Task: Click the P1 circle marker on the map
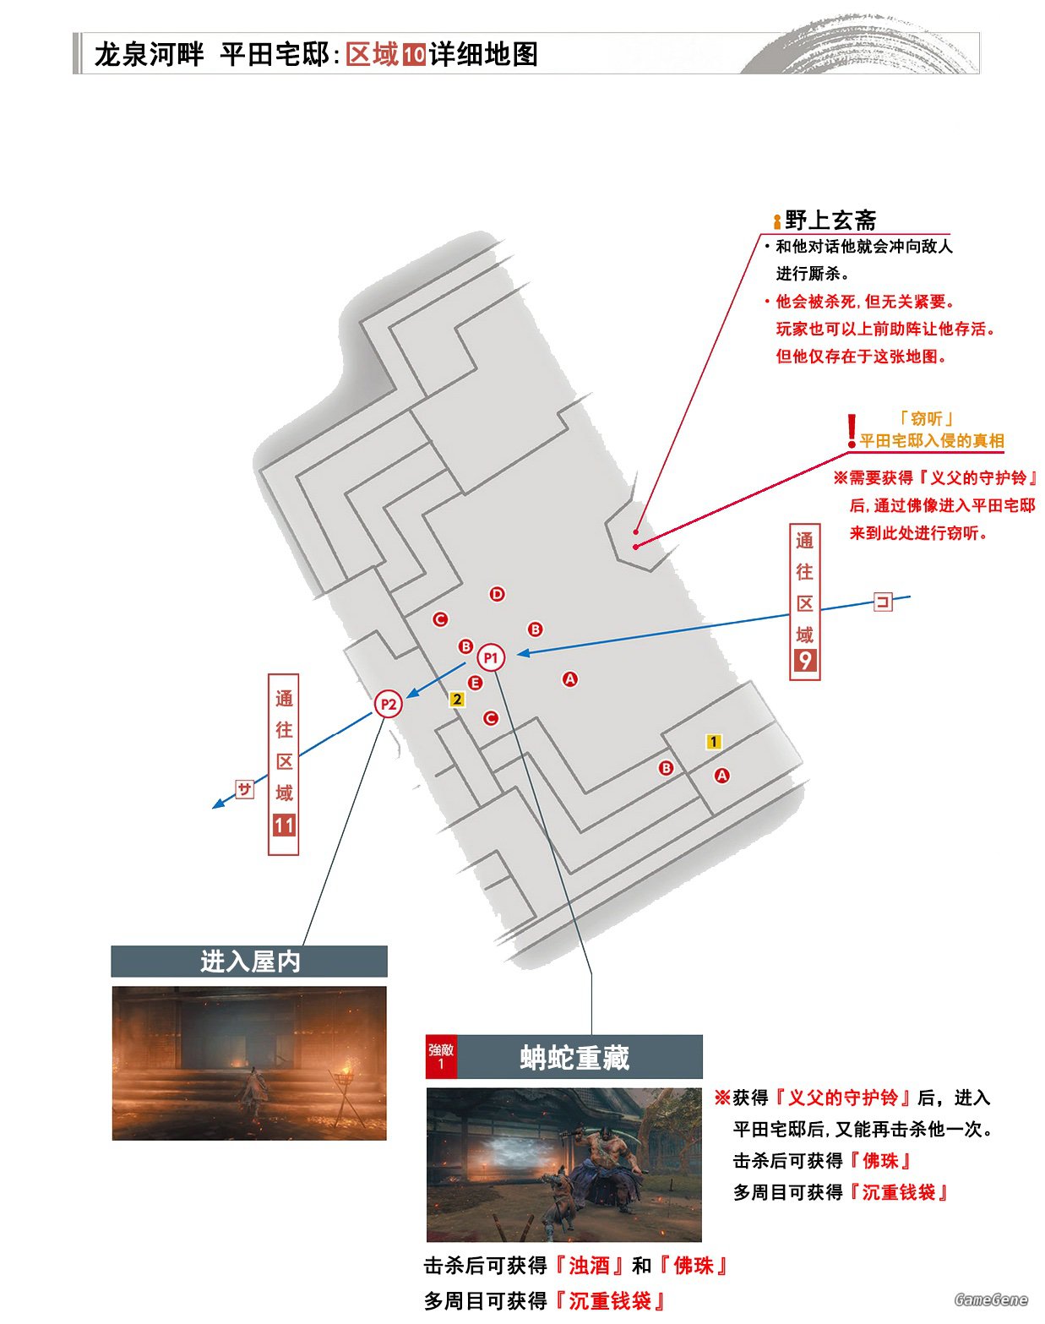coord(491,657)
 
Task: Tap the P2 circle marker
coord(388,704)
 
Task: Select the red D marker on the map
coord(497,594)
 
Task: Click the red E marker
coord(475,683)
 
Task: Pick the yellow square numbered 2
coord(457,699)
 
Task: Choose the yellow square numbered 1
coord(714,741)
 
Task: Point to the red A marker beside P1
coord(570,679)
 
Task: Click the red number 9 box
coord(805,661)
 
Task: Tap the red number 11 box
coord(284,825)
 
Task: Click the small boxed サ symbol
coord(245,789)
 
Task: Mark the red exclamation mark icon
coord(852,431)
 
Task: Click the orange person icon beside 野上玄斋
coord(777,221)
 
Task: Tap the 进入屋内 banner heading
coord(250,962)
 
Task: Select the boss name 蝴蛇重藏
coord(574,1058)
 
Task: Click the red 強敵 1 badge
coord(441,1056)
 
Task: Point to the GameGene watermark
coord(991,1299)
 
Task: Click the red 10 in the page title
coord(414,55)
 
